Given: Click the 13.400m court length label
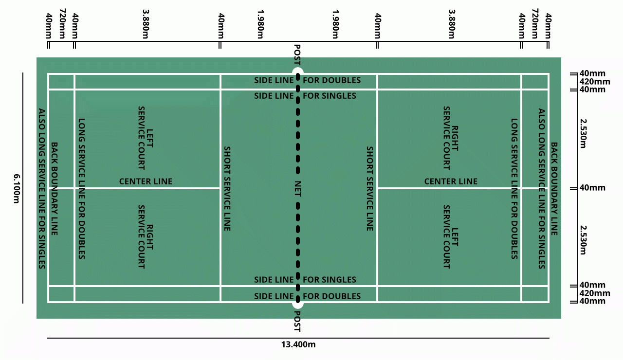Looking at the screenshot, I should coord(298,345).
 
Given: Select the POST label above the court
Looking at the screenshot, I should coord(297,55).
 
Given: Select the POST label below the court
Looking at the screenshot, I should coord(297,321).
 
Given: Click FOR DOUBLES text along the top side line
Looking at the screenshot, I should coord(331,80).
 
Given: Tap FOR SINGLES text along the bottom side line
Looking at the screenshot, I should coord(330,280).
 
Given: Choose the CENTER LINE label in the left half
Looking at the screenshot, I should coord(146,181).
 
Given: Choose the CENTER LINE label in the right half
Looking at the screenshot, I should coord(451,181).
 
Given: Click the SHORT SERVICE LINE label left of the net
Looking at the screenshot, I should coord(226,188).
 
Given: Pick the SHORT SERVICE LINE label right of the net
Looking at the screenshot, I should coord(369,188).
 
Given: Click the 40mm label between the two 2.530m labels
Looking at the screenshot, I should coord(592,188).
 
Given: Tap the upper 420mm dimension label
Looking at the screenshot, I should coord(594,82).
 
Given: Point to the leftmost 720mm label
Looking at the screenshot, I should coord(62,23).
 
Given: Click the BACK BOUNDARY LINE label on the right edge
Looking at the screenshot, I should coord(554,188).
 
